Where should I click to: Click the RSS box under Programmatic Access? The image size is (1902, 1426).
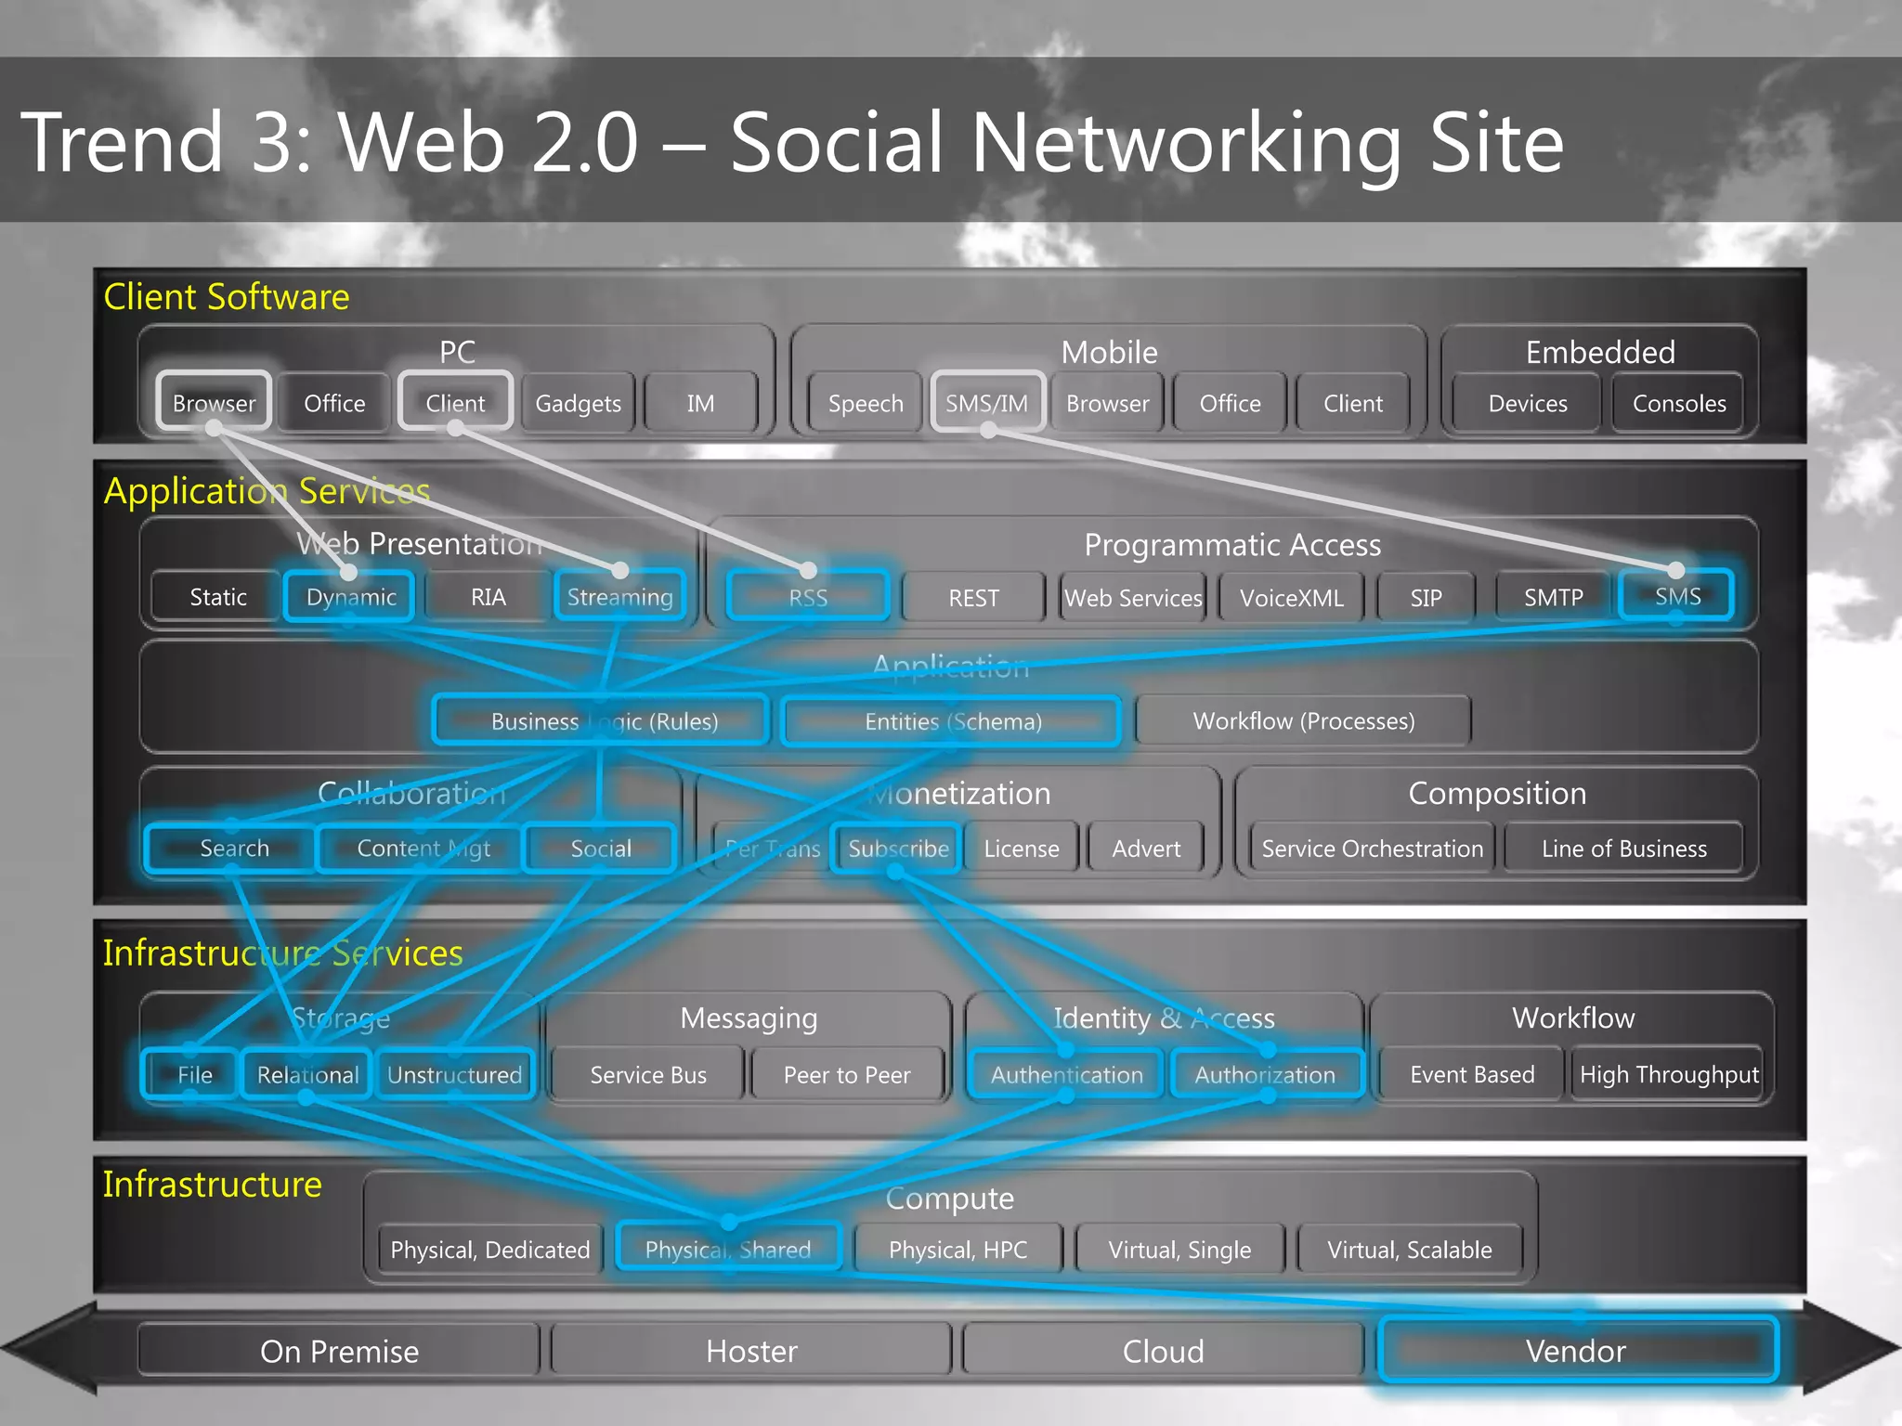pos(808,597)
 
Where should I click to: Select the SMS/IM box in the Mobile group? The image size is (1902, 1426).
pos(987,403)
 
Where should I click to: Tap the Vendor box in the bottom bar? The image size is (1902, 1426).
pos(1577,1351)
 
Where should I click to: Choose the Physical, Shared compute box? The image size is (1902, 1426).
pos(728,1250)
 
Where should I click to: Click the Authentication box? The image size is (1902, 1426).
pos(1066,1075)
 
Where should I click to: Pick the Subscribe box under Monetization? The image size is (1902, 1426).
pos(898,849)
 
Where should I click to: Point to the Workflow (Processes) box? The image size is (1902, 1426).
pos(1303,721)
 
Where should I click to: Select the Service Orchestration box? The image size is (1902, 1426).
pos(1372,849)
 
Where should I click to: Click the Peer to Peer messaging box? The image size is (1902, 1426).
pos(847,1075)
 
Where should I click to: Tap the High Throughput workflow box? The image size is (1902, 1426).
pos(1669,1075)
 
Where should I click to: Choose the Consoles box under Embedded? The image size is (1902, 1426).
pos(1679,403)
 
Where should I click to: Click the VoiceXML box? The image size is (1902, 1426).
pos(1291,598)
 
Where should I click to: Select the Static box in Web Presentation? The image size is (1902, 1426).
pos(218,597)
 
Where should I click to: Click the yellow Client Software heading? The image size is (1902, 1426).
pos(227,297)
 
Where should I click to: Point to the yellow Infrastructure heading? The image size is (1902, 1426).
pos(212,1185)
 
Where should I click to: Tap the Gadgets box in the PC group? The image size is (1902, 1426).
pos(578,403)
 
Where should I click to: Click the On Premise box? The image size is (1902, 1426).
pos(339,1351)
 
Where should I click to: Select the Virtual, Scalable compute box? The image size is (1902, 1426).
pos(1409,1250)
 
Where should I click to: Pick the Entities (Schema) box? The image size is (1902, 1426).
pos(953,721)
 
